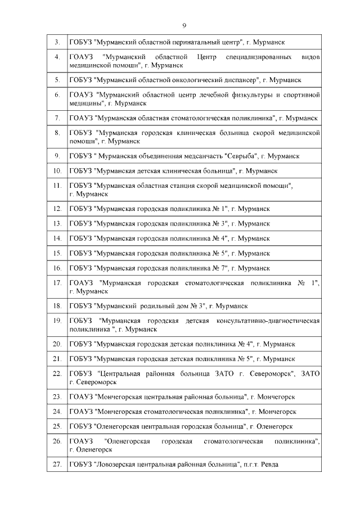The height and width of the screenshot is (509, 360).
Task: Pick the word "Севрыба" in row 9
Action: [x=241, y=156]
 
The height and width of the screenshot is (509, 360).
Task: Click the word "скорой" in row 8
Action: [x=254, y=133]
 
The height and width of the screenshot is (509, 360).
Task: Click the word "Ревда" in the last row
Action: [x=269, y=465]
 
